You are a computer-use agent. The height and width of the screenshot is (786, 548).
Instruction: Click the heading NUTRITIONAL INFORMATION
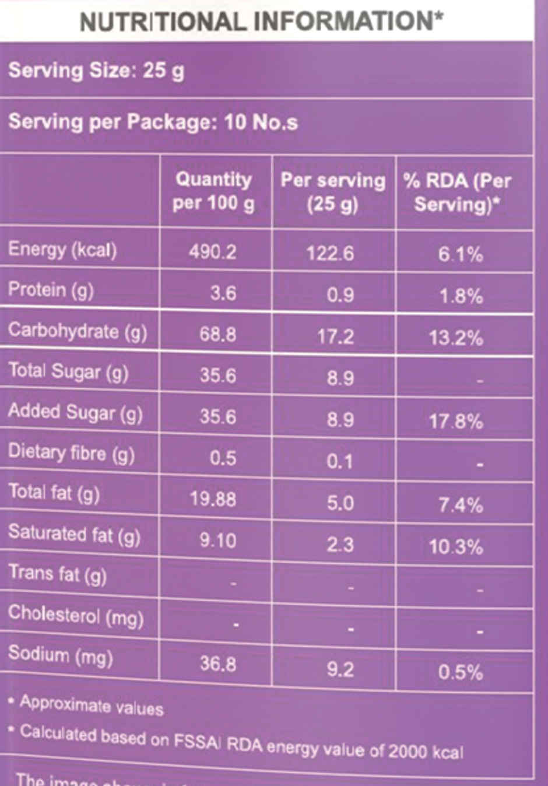pyautogui.click(x=261, y=22)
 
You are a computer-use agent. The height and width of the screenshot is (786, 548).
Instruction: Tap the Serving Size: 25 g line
pyautogui.click(x=96, y=71)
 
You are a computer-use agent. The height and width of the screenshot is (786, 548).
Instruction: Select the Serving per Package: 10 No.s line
pyautogui.click(x=153, y=122)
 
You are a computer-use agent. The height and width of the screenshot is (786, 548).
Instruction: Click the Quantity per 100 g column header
pyautogui.click(x=213, y=191)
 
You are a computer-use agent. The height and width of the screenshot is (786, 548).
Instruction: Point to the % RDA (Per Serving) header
pyautogui.click(x=457, y=192)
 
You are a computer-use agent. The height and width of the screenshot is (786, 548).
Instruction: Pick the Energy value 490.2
pyautogui.click(x=213, y=252)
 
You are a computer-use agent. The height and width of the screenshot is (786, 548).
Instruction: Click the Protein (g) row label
pyautogui.click(x=51, y=290)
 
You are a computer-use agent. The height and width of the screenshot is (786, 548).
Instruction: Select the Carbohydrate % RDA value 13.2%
pyautogui.click(x=456, y=338)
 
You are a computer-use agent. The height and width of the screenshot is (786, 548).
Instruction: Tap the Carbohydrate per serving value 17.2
pyautogui.click(x=335, y=336)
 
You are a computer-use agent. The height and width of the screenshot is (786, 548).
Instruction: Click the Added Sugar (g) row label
pyautogui.click(x=75, y=412)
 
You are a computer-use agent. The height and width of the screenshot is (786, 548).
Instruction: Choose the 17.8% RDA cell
pyautogui.click(x=456, y=421)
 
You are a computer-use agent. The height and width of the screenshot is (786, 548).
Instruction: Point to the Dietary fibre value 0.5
pyautogui.click(x=223, y=458)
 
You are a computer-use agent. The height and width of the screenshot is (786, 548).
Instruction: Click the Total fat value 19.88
pyautogui.click(x=213, y=499)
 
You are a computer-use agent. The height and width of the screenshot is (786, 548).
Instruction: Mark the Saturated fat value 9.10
pyautogui.click(x=217, y=540)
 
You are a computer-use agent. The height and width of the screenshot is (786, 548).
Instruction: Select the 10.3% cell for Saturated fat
pyautogui.click(x=456, y=547)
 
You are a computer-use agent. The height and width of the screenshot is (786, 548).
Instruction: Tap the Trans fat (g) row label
pyautogui.click(x=57, y=574)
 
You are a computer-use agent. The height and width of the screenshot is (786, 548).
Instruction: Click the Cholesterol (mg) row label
pyautogui.click(x=76, y=615)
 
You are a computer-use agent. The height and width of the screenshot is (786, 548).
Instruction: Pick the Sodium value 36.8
pyautogui.click(x=217, y=664)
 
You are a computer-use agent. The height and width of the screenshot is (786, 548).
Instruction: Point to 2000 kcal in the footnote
pyautogui.click(x=426, y=750)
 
